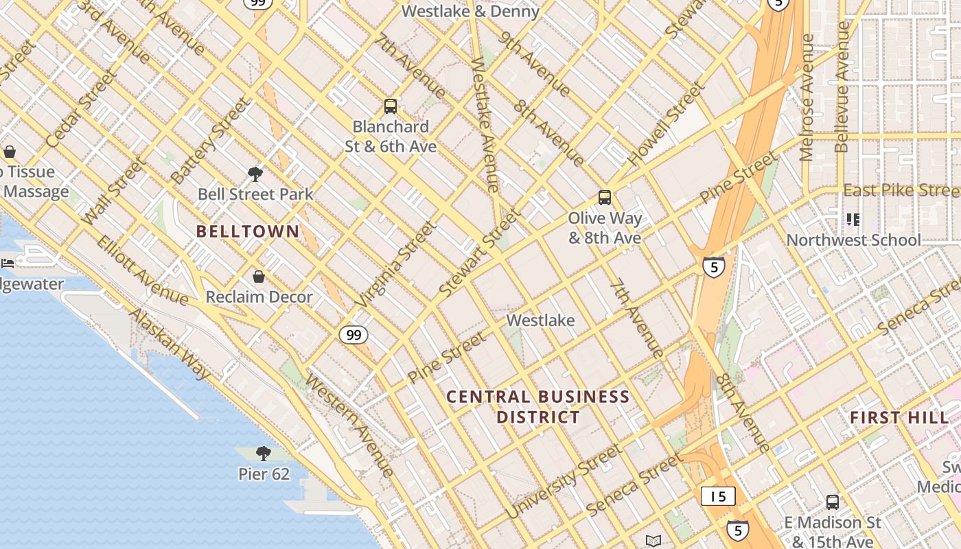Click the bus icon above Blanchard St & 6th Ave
coord(390,106)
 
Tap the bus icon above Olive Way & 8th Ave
coord(604,198)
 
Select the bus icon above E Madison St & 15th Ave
coord(833,502)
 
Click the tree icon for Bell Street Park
coord(255,174)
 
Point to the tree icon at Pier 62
coord(263,453)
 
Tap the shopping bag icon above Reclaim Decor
coord(259,277)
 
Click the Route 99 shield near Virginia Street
coord(353,335)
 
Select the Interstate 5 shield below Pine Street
coord(714,267)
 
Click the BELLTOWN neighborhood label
coord(248,231)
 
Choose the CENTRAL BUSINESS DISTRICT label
coord(538,406)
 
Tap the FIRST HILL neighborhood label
coord(899,417)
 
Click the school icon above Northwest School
coord(853,220)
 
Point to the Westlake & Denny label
coord(470,11)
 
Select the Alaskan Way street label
coord(170,343)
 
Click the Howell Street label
coord(666,124)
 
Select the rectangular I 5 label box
coord(718,496)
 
